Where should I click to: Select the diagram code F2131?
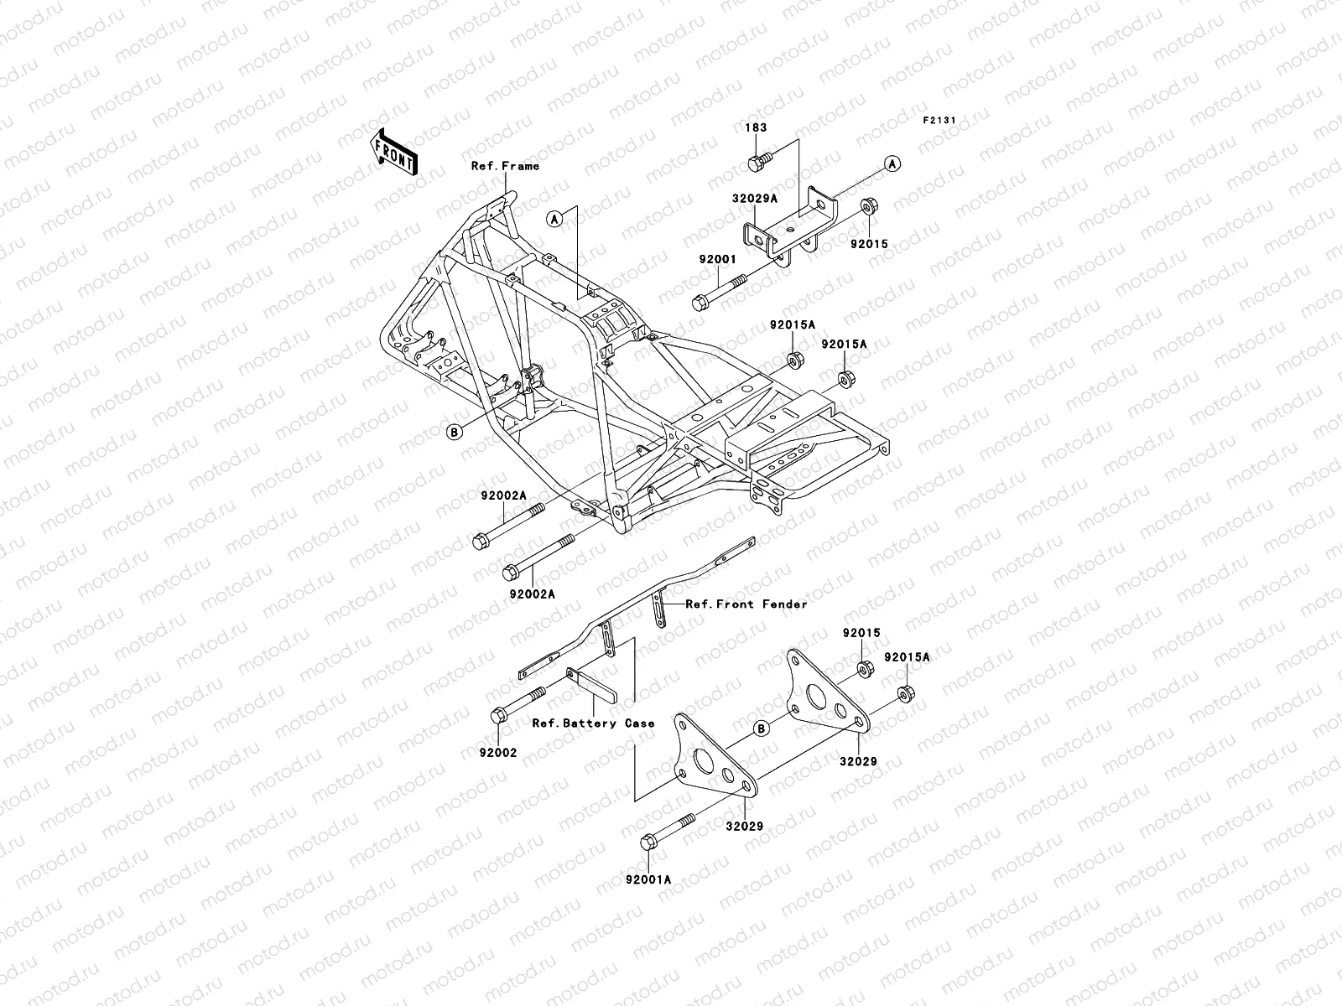pyautogui.click(x=939, y=121)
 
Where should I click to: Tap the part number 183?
pyautogui.click(x=756, y=128)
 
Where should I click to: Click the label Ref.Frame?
pyautogui.click(x=505, y=166)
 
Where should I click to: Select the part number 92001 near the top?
pyautogui.click(x=717, y=260)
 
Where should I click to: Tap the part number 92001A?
pyautogui.click(x=648, y=880)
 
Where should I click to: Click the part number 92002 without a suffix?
pyautogui.click(x=498, y=753)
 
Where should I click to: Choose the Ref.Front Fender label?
pyautogui.click(x=746, y=604)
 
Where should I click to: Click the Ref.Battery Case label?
pyautogui.click(x=593, y=723)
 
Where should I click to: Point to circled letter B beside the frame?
pyautogui.click(x=454, y=432)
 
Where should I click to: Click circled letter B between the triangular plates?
pyautogui.click(x=760, y=728)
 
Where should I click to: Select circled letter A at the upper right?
pyautogui.click(x=892, y=164)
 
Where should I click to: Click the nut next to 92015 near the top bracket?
pyautogui.click(x=868, y=205)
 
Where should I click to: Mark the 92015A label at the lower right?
pyautogui.click(x=906, y=657)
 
